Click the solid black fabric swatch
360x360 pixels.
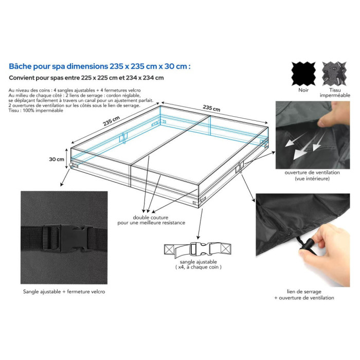coord(303,74)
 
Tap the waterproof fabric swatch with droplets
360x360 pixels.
coord(334,74)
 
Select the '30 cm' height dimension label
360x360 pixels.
coord(57,159)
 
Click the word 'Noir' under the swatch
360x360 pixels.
coord(303,90)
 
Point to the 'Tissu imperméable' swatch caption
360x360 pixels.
coord(335,93)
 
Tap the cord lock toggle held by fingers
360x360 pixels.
coord(308,246)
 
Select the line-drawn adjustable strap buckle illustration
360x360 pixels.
coord(198,249)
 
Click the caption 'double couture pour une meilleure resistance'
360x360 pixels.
coord(151,220)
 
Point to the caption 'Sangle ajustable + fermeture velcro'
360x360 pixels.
coord(64,292)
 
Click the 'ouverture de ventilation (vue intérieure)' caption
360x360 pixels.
coord(312,175)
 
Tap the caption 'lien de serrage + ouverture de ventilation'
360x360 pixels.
coord(304,295)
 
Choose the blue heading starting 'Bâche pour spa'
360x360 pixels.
coord(100,66)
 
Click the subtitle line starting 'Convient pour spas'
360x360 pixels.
coord(86,78)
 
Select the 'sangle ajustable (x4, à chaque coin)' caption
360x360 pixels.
coord(199,264)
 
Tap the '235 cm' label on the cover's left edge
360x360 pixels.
coord(112,121)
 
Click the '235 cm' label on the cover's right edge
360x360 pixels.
coord(211,108)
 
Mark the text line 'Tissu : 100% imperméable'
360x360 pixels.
coord(36,111)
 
